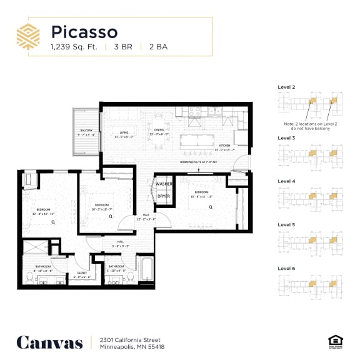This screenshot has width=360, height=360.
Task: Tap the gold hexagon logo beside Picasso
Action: (28, 37)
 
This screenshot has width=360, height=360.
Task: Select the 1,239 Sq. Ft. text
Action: (74, 47)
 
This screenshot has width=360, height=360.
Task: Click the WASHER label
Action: (164, 184)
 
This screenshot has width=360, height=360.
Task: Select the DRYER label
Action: (164, 196)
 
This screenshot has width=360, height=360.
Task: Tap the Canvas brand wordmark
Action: (49, 342)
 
